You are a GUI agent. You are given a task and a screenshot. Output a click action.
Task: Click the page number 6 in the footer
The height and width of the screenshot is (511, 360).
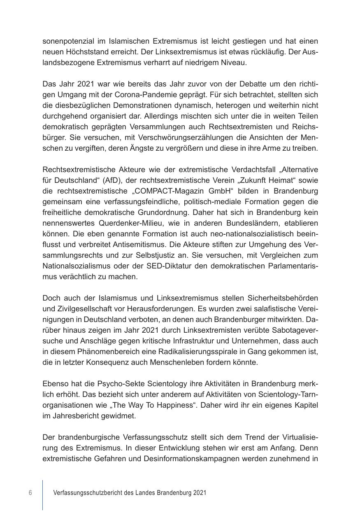(30, 493)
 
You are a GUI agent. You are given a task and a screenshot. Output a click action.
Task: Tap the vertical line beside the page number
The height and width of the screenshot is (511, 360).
(42, 494)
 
